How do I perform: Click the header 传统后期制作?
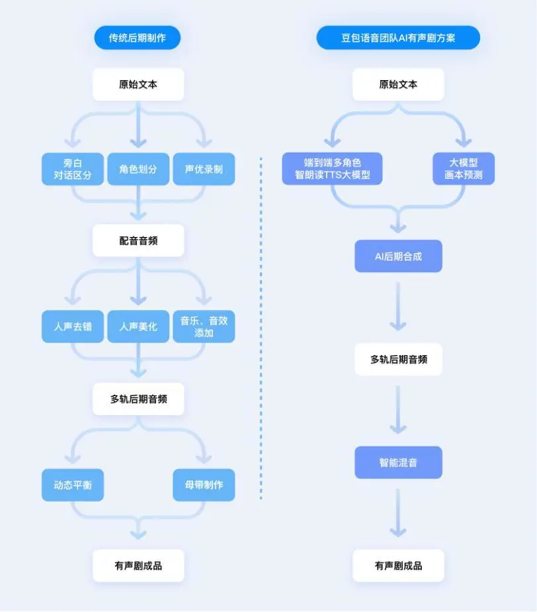click(138, 38)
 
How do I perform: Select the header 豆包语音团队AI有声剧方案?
click(398, 38)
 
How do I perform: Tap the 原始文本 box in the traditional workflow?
click(138, 84)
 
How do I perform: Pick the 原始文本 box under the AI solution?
click(398, 84)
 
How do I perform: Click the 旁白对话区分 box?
click(73, 169)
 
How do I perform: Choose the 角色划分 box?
click(138, 169)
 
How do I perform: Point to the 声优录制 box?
click(204, 169)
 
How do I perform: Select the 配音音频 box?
click(138, 240)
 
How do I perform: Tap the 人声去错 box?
click(73, 327)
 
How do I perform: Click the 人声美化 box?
click(138, 327)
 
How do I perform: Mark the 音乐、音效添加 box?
click(204, 327)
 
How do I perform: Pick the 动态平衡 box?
click(73, 485)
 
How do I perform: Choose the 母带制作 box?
click(204, 485)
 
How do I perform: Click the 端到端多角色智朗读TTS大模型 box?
click(332, 169)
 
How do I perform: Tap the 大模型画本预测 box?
click(464, 169)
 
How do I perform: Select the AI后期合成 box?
click(398, 256)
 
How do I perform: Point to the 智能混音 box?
click(398, 462)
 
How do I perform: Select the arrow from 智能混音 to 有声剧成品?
click(398, 513)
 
